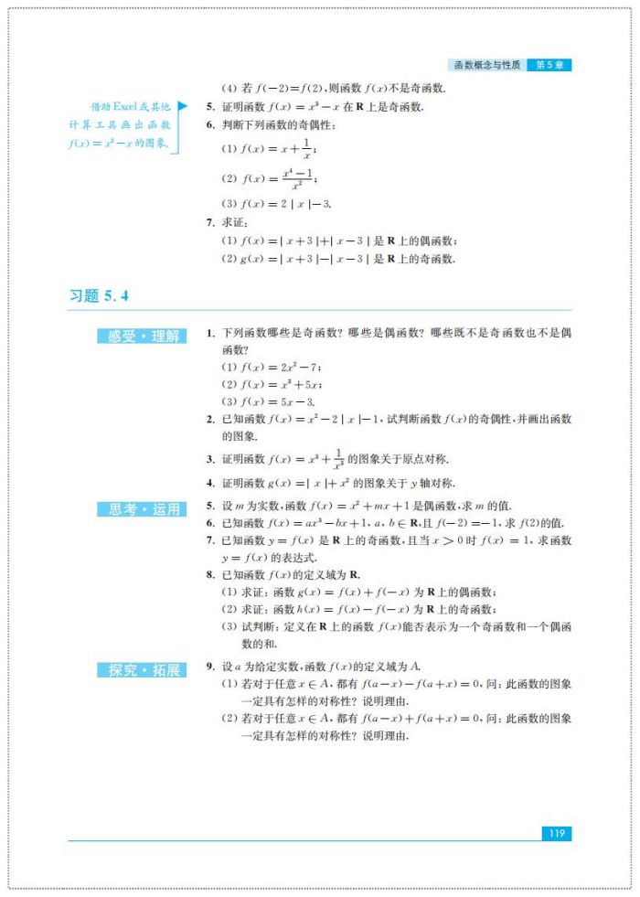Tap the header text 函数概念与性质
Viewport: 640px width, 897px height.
(486, 66)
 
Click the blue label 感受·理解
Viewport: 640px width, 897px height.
(143, 336)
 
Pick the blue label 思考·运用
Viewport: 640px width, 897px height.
(143, 509)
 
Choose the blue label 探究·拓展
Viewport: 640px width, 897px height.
(143, 670)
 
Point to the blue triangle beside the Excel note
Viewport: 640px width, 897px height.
(182, 107)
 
